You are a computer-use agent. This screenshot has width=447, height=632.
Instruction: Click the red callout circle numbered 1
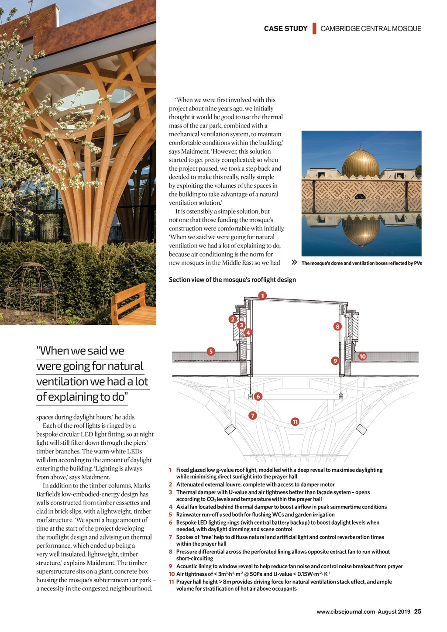[x=262, y=295]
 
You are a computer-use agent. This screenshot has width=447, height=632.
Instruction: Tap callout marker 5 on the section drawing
[x=211, y=351]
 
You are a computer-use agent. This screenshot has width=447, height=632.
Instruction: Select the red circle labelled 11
[x=295, y=422]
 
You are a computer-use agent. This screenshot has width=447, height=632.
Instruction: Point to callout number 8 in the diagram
[x=337, y=326]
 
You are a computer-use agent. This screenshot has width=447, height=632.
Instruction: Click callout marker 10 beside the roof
[x=362, y=356]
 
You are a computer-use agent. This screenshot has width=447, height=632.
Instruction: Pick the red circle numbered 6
[x=258, y=396]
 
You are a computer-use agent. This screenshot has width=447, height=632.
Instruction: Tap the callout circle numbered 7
[x=252, y=415]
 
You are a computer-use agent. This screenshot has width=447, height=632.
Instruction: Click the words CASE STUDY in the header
[x=285, y=29]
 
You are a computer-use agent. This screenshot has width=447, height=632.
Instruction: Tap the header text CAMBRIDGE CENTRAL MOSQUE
[x=371, y=29]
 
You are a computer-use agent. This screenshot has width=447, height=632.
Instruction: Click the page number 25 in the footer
[x=418, y=611]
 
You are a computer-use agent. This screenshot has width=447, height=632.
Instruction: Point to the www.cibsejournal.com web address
[x=346, y=611]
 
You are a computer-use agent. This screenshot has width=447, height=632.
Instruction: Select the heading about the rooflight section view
[x=232, y=280]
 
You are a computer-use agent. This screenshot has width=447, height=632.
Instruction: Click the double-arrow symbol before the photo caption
[x=294, y=263]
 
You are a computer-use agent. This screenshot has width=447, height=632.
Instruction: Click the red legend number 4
[x=171, y=507]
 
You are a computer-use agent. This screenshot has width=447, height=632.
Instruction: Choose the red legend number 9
[x=171, y=566]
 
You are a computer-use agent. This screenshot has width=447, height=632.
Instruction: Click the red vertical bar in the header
[x=314, y=29]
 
